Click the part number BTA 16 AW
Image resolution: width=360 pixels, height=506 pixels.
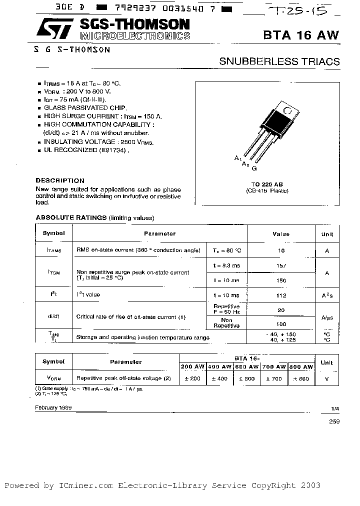(x=301, y=35)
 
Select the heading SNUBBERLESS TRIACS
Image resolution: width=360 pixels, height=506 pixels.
(x=279, y=62)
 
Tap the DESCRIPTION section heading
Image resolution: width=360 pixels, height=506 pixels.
(x=60, y=180)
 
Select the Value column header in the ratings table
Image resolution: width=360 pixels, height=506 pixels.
(x=281, y=233)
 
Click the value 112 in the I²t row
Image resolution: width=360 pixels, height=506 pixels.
(x=281, y=295)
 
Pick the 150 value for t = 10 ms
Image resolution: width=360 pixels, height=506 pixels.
(x=281, y=280)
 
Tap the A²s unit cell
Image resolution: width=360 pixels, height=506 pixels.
(x=327, y=295)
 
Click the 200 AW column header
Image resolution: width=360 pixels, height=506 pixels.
(x=192, y=367)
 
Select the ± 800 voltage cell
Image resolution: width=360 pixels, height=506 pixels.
(x=301, y=378)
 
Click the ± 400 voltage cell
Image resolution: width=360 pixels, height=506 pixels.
(x=219, y=378)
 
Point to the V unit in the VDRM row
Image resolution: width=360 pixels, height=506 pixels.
(x=327, y=379)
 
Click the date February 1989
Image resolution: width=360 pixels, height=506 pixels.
(x=53, y=407)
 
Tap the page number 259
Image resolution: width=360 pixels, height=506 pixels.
(x=334, y=422)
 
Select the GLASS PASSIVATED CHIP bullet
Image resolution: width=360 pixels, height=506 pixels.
(x=85, y=107)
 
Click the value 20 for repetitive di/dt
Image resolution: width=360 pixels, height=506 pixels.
(x=281, y=310)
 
